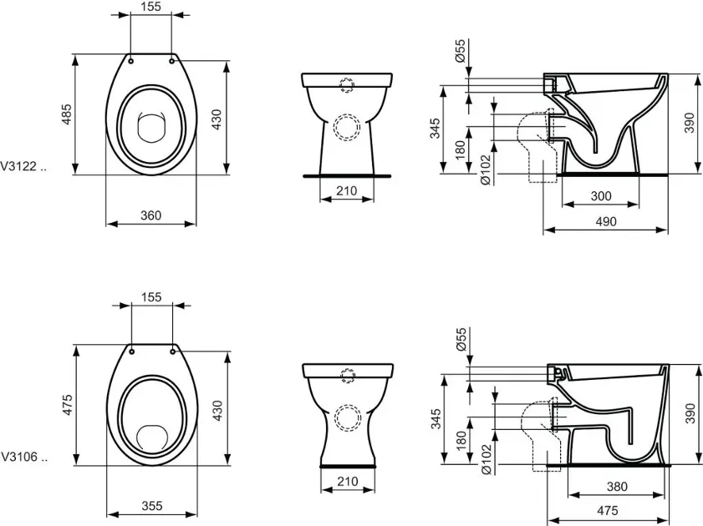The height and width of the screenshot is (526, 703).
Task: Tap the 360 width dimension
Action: click(x=150, y=215)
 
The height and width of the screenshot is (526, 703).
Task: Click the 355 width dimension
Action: click(x=151, y=505)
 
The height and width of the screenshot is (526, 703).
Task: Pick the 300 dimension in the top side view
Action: click(x=601, y=196)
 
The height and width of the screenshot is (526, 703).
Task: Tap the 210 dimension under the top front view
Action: click(x=346, y=191)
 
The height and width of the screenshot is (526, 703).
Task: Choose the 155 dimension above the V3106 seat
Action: click(x=151, y=297)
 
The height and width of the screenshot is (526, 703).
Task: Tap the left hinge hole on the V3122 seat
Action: click(x=131, y=58)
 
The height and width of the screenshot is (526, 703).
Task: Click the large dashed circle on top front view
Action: click(x=345, y=127)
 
